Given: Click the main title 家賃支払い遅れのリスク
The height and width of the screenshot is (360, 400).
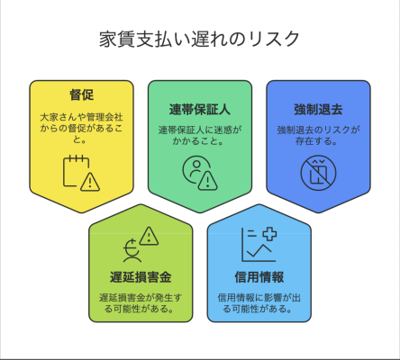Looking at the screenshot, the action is tap(199, 39).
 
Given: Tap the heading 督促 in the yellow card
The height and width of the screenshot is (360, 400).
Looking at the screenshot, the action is tap(81, 94).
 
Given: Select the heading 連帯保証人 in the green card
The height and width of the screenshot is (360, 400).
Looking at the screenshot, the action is tap(200, 109).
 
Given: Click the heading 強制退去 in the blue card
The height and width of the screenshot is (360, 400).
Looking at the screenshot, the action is tap(318, 109).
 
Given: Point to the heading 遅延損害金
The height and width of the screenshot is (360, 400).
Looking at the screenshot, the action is tap(141, 277).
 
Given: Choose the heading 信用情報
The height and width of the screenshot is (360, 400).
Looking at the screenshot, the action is tap(259, 277).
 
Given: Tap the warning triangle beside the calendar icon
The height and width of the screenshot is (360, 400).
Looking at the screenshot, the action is tap(90, 182).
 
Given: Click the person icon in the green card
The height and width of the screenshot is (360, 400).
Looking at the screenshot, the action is tap(195, 169).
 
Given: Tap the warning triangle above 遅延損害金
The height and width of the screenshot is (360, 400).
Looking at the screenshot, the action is tap(149, 236).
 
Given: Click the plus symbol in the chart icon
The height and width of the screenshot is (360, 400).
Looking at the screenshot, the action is tap(269, 234).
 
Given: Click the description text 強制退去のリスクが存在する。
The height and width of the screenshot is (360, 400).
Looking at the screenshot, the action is tap(318, 135).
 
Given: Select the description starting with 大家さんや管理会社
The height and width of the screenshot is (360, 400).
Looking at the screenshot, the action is tap(81, 128).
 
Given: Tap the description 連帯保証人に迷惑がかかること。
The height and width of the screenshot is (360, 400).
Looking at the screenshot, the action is tap(200, 135).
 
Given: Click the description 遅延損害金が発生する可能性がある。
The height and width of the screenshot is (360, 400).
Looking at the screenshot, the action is tap(141, 303).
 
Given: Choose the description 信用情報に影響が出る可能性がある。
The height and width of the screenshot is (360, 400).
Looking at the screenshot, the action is tap(259, 303).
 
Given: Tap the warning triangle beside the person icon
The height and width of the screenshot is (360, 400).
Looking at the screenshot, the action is tap(207, 181).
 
